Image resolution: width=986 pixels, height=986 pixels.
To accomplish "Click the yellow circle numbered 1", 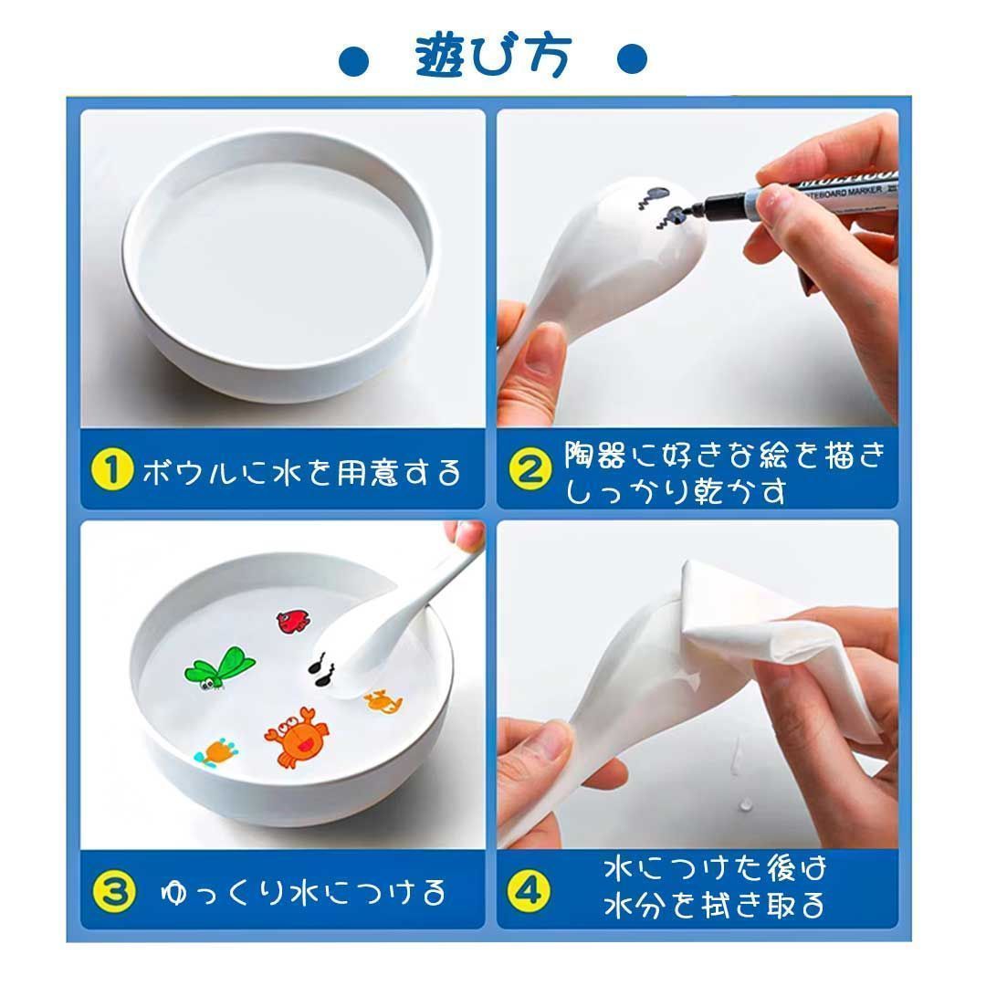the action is tap(111, 469).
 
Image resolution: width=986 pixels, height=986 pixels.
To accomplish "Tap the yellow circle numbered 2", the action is tap(530, 469).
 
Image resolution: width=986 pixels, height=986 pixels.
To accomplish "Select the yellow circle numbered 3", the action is tap(113, 892).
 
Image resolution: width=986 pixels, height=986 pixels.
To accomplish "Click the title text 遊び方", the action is tap(493, 56).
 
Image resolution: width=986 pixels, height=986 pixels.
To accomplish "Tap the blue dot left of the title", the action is tap(353, 60).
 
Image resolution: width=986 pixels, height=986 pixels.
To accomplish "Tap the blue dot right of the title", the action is tap(632, 59).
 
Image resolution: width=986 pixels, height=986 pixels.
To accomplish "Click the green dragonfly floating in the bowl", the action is tap(219, 668).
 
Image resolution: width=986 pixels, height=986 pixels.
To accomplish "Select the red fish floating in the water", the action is tap(294, 622).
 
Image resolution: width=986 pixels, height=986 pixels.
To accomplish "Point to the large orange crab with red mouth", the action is tap(297, 737).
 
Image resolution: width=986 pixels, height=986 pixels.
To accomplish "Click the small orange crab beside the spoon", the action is tap(383, 701).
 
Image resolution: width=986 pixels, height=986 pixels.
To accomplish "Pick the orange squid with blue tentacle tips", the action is tap(217, 752).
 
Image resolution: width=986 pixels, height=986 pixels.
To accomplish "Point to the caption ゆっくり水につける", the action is tap(303, 892).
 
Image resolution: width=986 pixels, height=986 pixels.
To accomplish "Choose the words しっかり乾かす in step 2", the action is tap(676, 491).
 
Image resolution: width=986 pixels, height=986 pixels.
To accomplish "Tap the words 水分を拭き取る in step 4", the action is tap(714, 906).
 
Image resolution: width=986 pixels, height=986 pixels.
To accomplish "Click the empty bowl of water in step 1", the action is tap(280, 264).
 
